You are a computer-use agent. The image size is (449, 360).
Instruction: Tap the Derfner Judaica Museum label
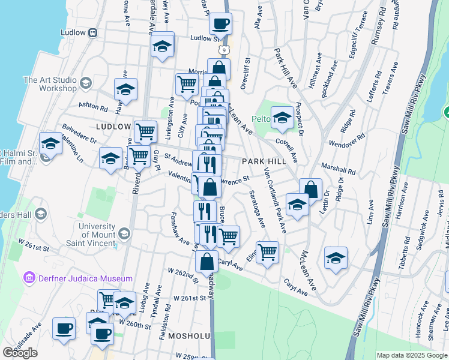[78, 278]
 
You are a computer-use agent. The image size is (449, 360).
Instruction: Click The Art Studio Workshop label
[50, 84]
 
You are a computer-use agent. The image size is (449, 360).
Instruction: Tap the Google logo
[20, 352]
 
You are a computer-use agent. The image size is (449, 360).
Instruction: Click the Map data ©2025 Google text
[411, 355]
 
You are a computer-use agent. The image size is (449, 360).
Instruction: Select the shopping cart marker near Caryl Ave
[267, 251]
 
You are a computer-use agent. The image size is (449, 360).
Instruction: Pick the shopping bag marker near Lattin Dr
[311, 189]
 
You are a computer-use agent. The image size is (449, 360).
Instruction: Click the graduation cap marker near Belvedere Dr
[51, 144]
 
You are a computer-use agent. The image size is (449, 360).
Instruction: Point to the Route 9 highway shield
[223, 47]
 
